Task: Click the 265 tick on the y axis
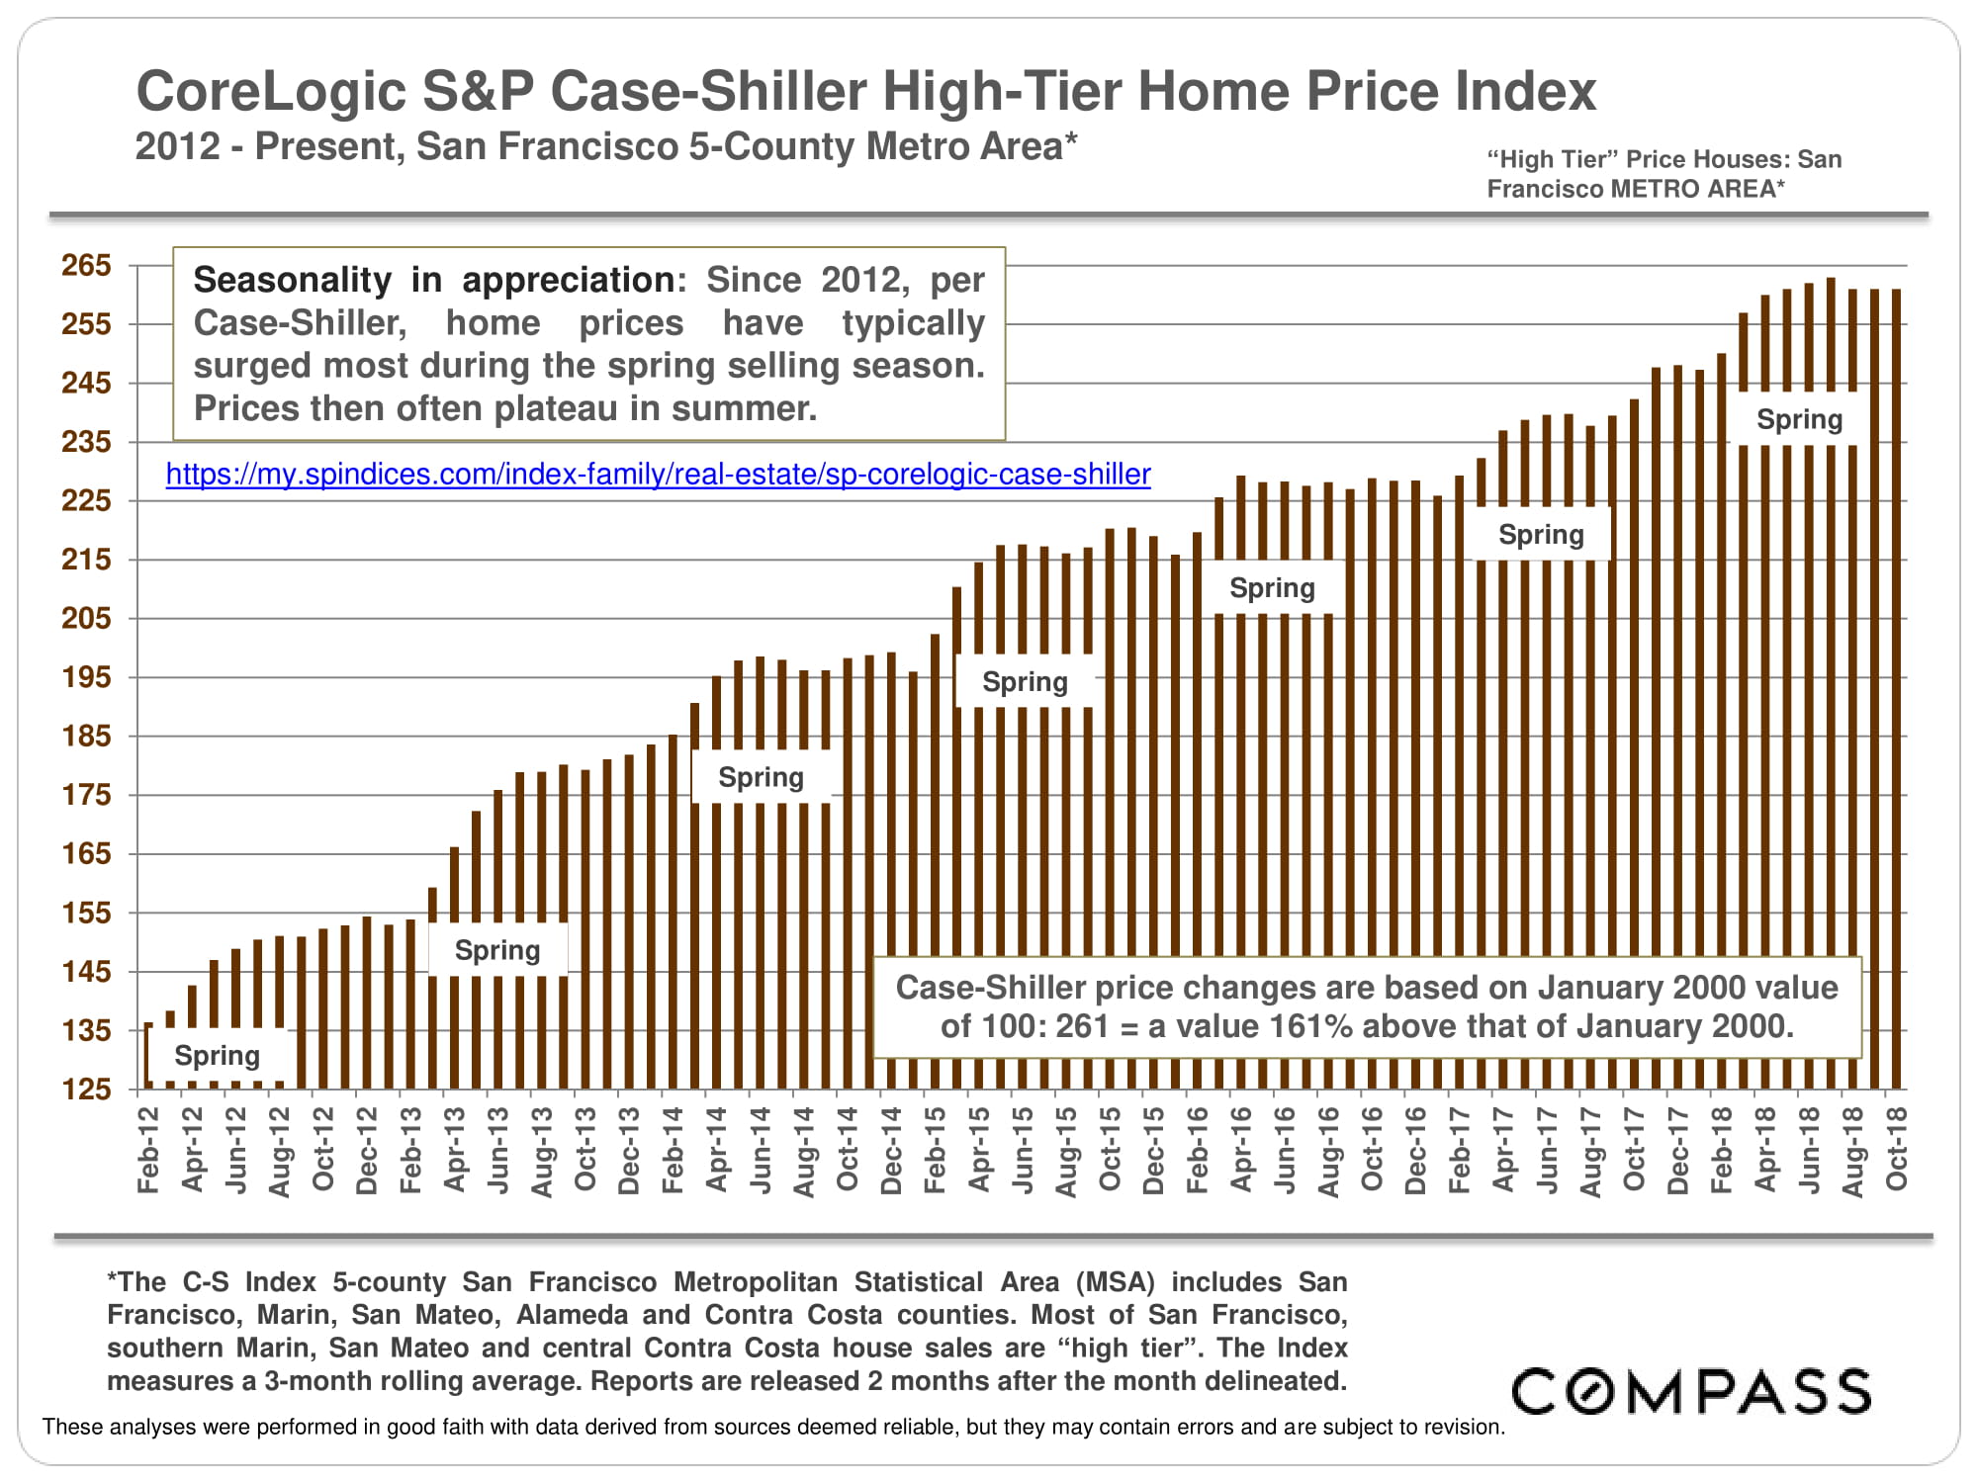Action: tap(86, 265)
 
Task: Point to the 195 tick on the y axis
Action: tap(86, 677)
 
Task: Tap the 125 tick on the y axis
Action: tap(86, 1090)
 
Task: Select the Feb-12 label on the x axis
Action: tap(148, 1150)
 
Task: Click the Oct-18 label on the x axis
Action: tap(1896, 1150)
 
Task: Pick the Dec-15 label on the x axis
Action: tap(1153, 1150)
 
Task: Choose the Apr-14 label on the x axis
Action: tap(716, 1150)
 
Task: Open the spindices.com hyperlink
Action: tap(658, 475)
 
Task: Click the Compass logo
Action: tap(1691, 1391)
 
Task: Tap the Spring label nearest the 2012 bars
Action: tap(218, 1056)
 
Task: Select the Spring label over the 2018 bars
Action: tap(1799, 419)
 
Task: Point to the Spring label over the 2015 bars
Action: tap(1025, 682)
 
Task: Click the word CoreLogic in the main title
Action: tap(270, 91)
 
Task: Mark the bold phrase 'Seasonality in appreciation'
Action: tap(434, 280)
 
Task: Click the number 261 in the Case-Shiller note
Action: tap(1082, 1026)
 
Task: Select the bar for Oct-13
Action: tap(585, 929)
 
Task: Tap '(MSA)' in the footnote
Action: tap(1116, 1282)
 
